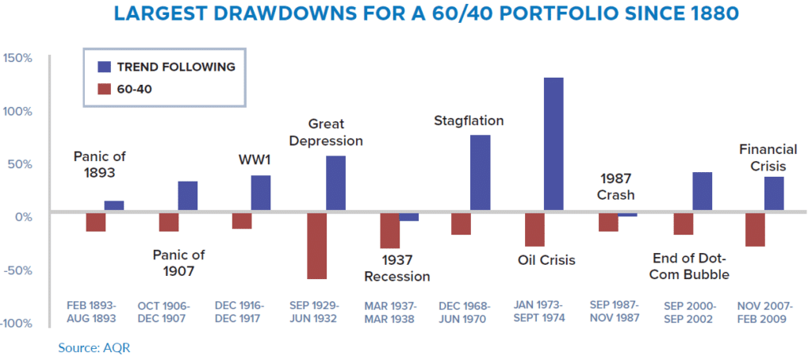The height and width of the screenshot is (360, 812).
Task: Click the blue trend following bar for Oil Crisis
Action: tap(553, 144)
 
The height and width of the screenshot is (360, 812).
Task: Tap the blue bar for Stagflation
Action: tap(481, 173)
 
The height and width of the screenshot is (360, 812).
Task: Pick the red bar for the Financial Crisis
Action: tap(755, 229)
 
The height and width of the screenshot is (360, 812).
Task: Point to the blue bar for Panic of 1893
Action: tap(114, 206)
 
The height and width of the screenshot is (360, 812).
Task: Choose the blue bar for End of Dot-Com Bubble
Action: tap(701, 191)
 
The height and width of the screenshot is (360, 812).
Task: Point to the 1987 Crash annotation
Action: tap(617, 187)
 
